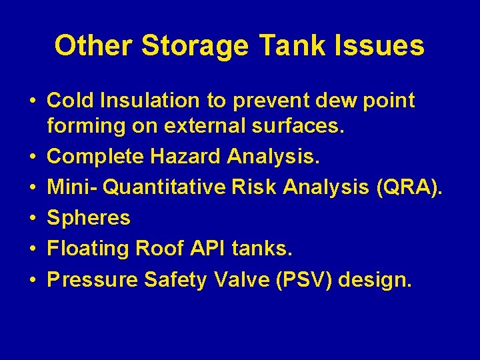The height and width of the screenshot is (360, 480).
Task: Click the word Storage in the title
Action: [195, 46]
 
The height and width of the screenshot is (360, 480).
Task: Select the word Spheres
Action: [89, 218]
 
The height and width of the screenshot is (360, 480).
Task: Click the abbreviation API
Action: [209, 249]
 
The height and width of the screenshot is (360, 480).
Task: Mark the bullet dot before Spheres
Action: [32, 218]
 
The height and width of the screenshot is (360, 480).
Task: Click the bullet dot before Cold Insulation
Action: [32, 101]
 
